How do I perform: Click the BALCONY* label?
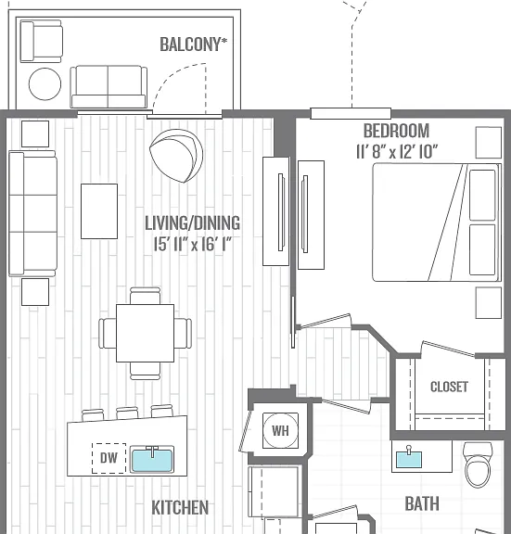pyautogui.click(x=194, y=44)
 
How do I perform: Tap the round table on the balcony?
pyautogui.click(x=45, y=84)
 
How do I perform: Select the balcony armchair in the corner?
pyautogui.click(x=41, y=41)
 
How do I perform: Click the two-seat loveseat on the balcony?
pyautogui.click(x=109, y=87)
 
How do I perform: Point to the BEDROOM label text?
pyautogui.click(x=397, y=131)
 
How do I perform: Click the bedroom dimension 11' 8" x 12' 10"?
pyautogui.click(x=397, y=151)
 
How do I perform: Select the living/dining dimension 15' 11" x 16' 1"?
pyautogui.click(x=193, y=244)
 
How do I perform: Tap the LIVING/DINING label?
pyautogui.click(x=193, y=223)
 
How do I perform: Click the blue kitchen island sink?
pyautogui.click(x=152, y=460)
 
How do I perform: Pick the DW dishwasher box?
pyautogui.click(x=109, y=458)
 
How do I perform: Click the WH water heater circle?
pyautogui.click(x=280, y=430)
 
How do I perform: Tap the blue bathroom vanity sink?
pyautogui.click(x=409, y=458)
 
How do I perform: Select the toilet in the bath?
pyautogui.click(x=478, y=464)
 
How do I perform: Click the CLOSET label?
pyautogui.click(x=449, y=387)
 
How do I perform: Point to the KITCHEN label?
pyautogui.click(x=180, y=507)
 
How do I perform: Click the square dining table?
pyautogui.click(x=145, y=333)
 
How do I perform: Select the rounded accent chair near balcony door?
pyautogui.click(x=176, y=156)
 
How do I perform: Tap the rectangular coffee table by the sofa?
pyautogui.click(x=99, y=211)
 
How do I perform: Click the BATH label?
pyautogui.click(x=422, y=503)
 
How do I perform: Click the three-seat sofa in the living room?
pyautogui.click(x=32, y=213)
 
